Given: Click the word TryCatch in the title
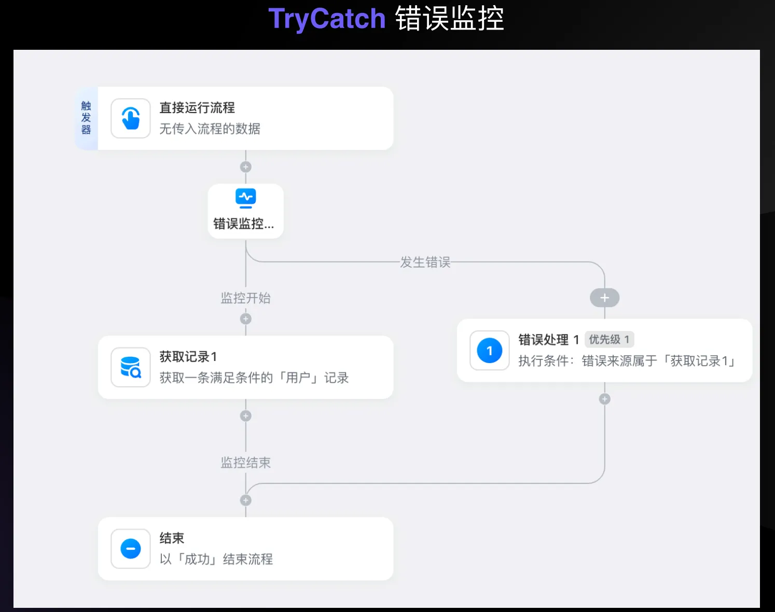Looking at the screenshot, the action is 327,19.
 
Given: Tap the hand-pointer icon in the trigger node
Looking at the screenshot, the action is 131,118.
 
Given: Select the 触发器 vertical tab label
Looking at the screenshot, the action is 86,118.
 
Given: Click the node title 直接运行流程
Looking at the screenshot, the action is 197,108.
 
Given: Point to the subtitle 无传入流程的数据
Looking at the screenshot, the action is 210,129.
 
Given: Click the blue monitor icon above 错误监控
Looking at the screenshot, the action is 246,198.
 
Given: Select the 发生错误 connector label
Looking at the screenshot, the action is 425,262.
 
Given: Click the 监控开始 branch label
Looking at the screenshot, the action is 246,298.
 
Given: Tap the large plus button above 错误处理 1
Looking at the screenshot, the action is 604,298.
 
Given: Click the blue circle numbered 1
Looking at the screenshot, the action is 489,351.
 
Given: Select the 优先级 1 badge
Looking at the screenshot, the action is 609,340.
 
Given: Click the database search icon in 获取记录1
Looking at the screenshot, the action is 131,367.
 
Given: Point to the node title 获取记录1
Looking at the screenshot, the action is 188,357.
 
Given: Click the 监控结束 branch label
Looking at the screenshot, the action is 246,463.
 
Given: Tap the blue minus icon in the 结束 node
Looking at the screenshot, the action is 131,549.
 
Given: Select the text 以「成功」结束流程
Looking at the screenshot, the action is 216,559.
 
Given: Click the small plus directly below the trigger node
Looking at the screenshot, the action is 246,167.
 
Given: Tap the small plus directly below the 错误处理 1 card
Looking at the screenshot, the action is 604,399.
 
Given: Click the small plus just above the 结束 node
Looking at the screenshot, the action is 246,500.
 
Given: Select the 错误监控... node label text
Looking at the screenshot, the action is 244,224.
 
